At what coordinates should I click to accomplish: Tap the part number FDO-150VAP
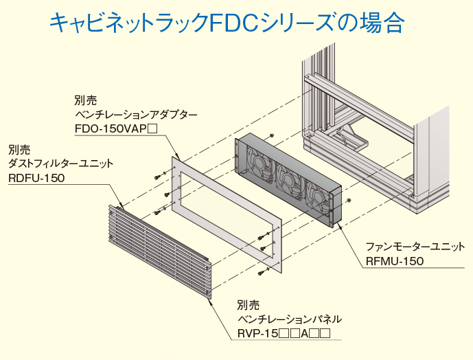coord(116,128)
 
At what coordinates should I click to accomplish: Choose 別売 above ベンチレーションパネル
coord(248,305)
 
